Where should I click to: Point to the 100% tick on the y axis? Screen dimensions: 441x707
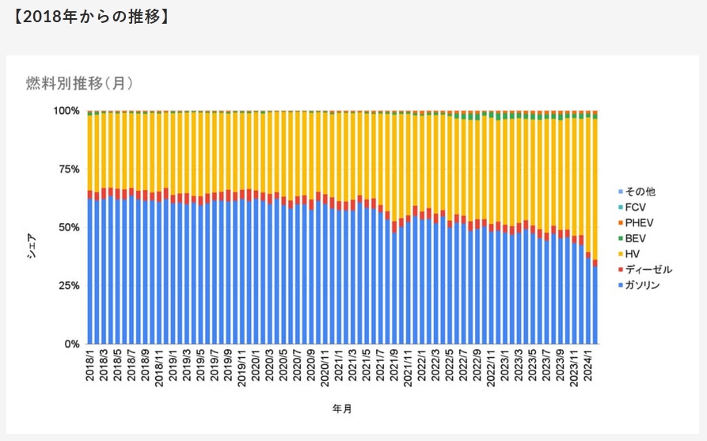[x=67, y=111]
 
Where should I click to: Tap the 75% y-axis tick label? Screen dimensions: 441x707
[x=69, y=169]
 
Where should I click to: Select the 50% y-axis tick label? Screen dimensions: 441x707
[x=69, y=228]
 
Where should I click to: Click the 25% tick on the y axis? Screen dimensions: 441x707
[x=69, y=286]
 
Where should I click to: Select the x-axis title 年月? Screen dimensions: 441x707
[x=342, y=409]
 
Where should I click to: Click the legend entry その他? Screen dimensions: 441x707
[x=640, y=192]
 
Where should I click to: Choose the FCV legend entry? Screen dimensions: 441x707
[x=636, y=207]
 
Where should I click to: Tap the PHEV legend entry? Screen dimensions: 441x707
[x=639, y=222]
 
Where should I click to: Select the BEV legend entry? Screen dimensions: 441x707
[x=636, y=238]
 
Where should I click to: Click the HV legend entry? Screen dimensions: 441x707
[x=633, y=253]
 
